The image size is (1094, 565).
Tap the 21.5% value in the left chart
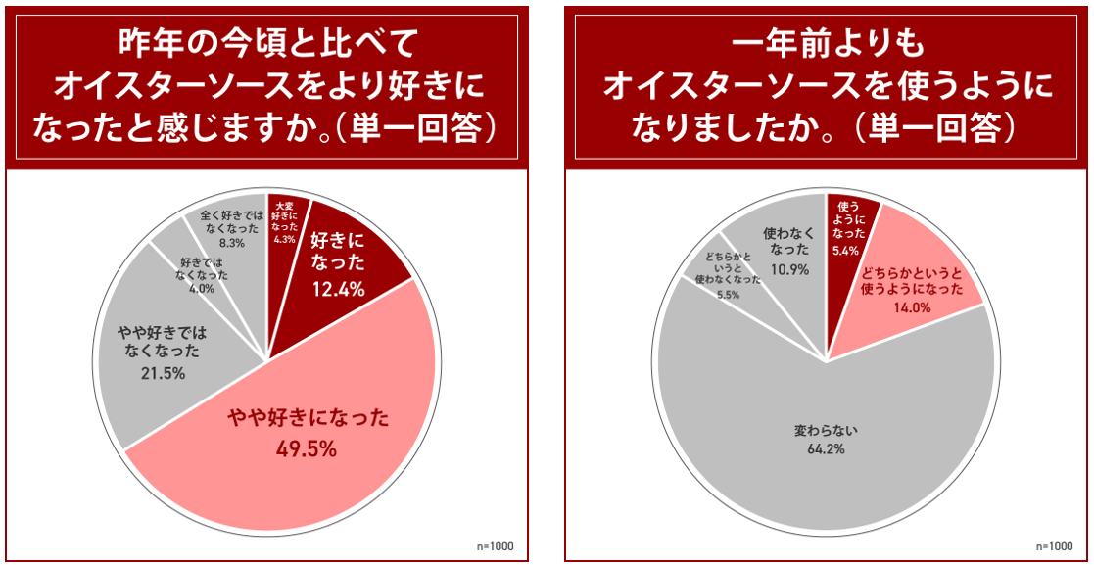(x=163, y=373)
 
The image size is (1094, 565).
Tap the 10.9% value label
(x=788, y=269)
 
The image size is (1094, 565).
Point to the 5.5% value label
(x=728, y=294)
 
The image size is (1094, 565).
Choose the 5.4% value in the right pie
(x=845, y=250)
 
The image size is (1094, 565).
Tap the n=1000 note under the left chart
(x=496, y=546)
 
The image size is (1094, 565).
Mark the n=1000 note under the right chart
(x=1054, y=546)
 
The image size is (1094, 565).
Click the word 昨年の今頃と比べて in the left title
(x=266, y=43)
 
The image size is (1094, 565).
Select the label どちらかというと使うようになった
(x=912, y=280)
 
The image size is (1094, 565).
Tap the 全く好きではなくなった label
(x=233, y=220)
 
